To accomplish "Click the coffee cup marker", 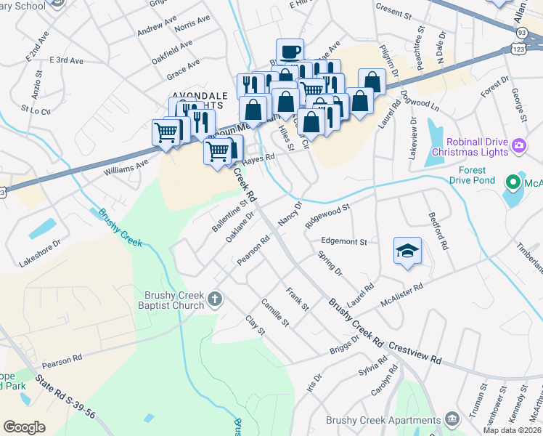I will click(x=290, y=52).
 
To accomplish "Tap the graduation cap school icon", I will click(x=408, y=251).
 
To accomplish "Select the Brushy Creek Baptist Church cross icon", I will click(x=214, y=299).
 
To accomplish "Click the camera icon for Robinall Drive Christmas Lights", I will click(x=519, y=145).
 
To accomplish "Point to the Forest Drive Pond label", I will click(x=472, y=176).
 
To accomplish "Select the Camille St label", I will click(x=275, y=312).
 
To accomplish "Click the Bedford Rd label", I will click(x=438, y=232).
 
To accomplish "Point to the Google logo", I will click(x=24, y=427).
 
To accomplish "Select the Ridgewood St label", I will click(x=328, y=216).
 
